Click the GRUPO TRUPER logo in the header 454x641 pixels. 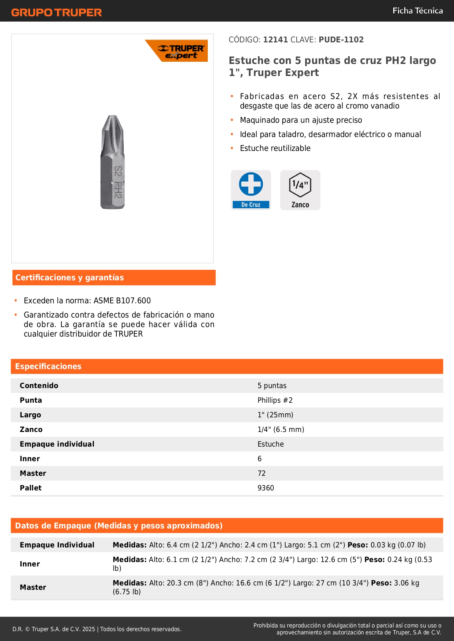coord(56,12)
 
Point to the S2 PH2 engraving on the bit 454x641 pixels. coord(117,182)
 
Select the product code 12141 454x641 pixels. coord(275,40)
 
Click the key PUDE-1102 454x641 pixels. coord(341,40)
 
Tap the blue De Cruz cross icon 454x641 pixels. coord(251,184)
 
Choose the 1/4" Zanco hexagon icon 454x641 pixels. coord(300,185)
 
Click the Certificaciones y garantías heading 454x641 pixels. coord(70,278)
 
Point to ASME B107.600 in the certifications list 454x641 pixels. coord(122,301)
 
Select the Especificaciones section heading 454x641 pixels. coord(48,367)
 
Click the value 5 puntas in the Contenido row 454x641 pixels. coord(272,386)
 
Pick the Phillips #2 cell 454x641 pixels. coord(275,401)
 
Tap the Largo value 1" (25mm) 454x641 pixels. coord(275,415)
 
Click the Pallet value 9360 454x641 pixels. coord(266,488)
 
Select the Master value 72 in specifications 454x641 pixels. coord(262,474)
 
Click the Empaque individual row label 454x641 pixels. coord(57,444)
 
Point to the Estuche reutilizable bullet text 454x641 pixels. coord(275,148)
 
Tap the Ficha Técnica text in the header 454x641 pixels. coord(417,11)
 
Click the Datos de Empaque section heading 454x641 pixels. coord(119,526)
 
